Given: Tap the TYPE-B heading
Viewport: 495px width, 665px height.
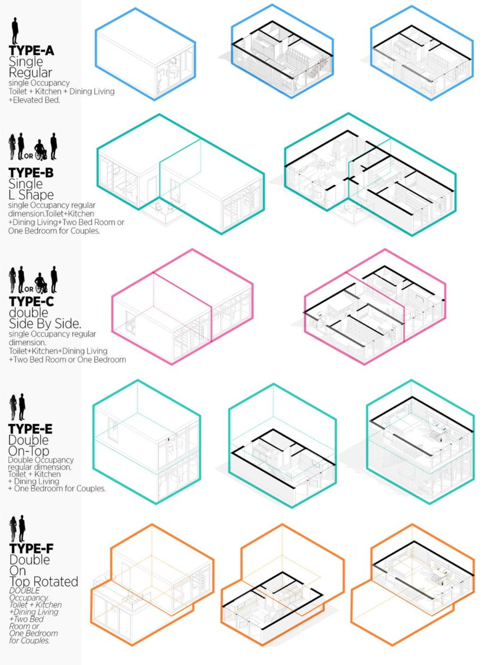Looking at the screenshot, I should coord(31,173).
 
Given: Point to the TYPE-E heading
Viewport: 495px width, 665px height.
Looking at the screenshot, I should coord(30,429).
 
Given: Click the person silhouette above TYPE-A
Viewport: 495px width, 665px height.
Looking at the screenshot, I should coord(15,30).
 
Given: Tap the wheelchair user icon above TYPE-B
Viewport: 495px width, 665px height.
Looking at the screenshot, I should coord(41,150).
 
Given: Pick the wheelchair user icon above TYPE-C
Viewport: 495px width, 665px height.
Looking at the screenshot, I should coord(41,283).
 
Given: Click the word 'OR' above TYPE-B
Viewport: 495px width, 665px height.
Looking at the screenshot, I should coord(28,156).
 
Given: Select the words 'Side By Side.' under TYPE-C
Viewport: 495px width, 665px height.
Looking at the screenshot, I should coord(45,324).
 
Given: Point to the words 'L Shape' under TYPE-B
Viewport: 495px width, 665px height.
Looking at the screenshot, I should coord(31,195).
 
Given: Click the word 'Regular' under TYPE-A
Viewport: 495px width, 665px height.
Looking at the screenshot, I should coord(30,73).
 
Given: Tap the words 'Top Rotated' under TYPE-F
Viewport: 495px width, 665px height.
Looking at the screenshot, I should coord(44,581).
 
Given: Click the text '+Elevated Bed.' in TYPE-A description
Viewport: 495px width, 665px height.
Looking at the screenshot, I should coord(34,100).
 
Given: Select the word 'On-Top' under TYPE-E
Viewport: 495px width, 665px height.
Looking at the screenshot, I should coord(29,450).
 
